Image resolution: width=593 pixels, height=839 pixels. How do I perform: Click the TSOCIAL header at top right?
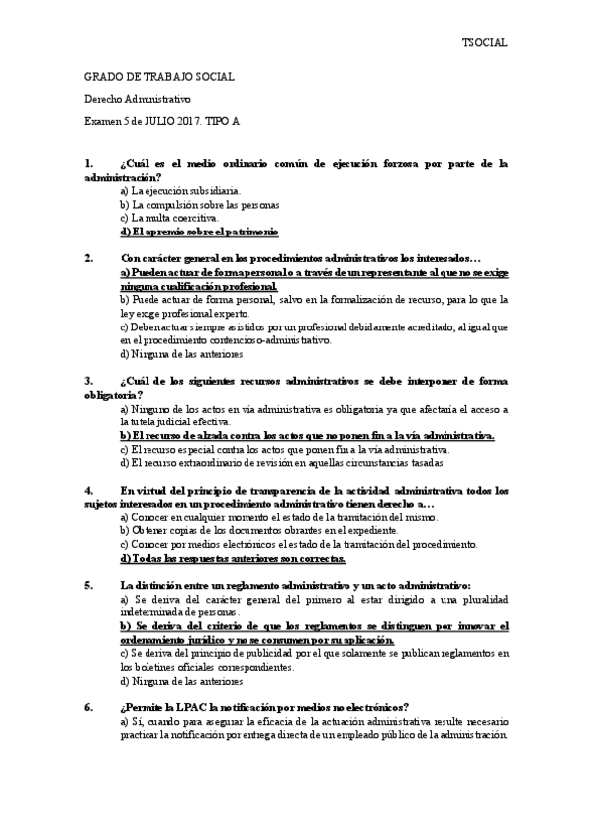(485, 42)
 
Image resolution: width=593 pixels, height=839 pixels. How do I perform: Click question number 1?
(89, 163)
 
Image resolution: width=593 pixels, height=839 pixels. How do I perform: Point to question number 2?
(89, 259)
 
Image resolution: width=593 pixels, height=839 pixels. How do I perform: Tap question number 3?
(89, 381)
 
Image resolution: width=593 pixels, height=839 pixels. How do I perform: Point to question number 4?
(89, 490)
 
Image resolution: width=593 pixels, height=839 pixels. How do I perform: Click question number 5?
(89, 585)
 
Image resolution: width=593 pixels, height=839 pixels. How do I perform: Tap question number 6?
(89, 707)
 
